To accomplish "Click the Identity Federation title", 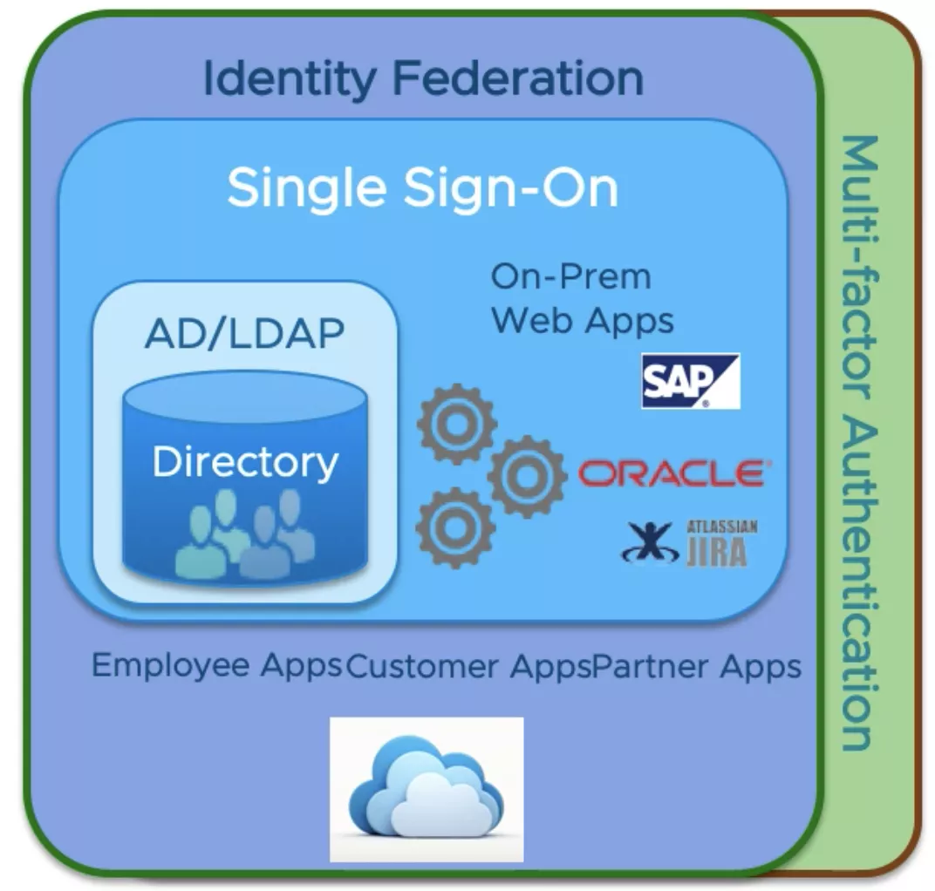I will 423,78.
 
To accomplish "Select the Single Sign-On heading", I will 423,187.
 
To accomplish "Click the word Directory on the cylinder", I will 245,461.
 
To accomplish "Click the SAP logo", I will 690,381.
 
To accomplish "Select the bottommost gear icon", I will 455,527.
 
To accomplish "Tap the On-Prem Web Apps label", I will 582,299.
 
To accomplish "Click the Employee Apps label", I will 217,666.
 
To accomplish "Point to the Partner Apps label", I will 696,666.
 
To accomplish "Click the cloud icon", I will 426,789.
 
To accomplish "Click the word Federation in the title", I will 518,78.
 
